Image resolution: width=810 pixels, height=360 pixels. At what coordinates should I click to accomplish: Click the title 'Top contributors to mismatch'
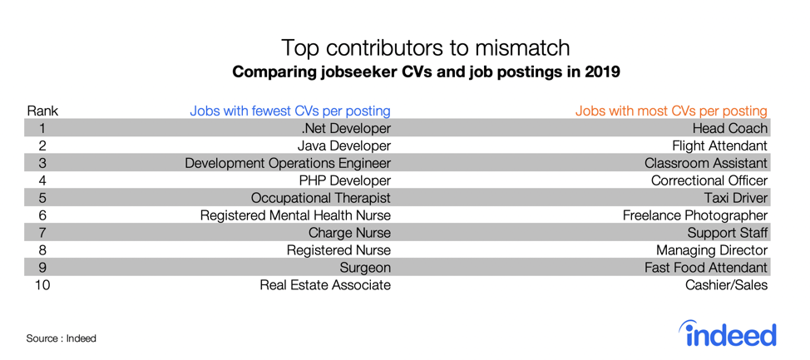click(x=425, y=47)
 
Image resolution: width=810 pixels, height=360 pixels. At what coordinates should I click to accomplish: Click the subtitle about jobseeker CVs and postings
click(x=426, y=72)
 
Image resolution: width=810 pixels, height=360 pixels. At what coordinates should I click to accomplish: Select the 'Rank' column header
click(x=42, y=111)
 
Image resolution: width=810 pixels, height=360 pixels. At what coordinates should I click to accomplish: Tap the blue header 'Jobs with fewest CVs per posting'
click(x=289, y=111)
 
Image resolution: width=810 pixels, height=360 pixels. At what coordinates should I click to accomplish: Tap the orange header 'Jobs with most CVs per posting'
click(x=671, y=111)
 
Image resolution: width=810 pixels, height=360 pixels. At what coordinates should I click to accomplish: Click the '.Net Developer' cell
click(x=346, y=128)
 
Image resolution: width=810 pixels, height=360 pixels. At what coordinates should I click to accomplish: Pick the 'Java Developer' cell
click(x=343, y=145)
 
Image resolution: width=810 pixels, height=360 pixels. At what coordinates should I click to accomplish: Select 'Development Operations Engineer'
click(x=287, y=163)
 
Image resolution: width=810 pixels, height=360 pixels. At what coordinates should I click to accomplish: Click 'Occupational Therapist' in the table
click(x=320, y=198)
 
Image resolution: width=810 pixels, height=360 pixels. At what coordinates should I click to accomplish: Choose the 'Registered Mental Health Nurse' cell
click(x=295, y=215)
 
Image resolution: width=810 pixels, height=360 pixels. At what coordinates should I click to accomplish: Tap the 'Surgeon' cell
click(x=365, y=268)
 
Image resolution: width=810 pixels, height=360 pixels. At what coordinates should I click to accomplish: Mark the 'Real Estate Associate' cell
click(x=325, y=285)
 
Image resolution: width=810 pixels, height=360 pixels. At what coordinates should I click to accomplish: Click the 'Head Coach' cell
click(x=730, y=128)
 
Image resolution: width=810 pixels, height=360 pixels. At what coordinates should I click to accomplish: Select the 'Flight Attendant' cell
click(x=720, y=145)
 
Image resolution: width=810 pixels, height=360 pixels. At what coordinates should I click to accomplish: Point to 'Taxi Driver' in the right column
click(x=735, y=198)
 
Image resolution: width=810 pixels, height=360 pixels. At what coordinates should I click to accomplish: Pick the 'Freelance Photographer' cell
click(x=695, y=215)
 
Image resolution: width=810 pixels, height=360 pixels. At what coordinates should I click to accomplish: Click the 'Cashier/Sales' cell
click(x=726, y=285)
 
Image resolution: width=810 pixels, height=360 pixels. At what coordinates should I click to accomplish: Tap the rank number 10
click(x=42, y=285)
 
